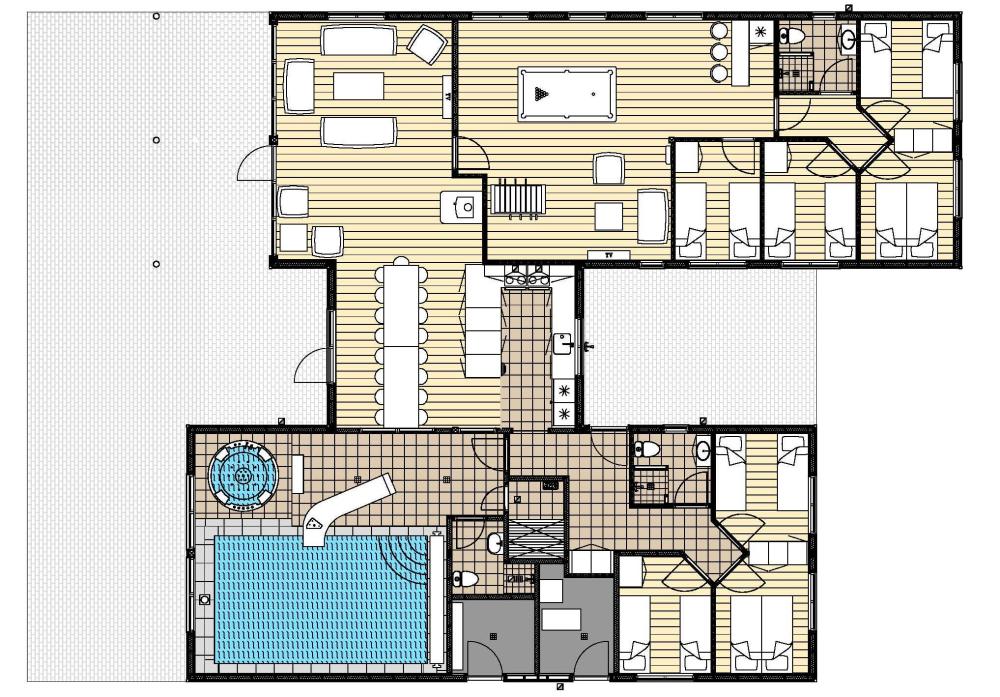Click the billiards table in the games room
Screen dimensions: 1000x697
567,94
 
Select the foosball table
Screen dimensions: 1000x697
518,199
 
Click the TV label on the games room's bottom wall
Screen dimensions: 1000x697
608,255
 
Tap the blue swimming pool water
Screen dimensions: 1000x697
321,599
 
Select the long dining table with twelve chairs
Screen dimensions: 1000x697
401,346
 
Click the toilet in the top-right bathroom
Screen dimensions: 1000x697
792,38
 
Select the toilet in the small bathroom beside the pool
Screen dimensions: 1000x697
466,579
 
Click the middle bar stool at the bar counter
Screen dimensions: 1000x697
719,52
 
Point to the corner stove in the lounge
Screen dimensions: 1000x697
461,207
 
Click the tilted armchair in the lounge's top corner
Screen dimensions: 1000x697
427,44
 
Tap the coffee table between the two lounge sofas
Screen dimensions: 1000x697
358,86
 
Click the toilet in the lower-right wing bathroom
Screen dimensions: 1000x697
647,450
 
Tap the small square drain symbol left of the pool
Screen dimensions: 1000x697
204,599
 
